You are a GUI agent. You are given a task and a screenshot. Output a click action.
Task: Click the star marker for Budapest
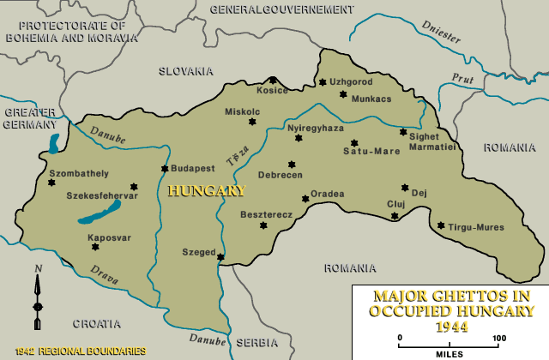164,169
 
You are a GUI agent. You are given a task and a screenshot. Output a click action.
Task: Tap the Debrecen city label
281,175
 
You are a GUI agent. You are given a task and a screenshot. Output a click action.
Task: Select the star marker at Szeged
221,256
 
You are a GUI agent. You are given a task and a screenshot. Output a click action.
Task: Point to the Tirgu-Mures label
475,227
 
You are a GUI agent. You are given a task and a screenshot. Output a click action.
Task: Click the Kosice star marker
274,80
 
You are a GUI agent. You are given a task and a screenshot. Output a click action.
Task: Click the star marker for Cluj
395,216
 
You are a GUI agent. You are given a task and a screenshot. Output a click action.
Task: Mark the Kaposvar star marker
95,247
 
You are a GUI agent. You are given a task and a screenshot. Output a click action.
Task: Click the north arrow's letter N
37,269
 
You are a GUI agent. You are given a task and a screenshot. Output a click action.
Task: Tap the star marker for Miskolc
252,122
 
